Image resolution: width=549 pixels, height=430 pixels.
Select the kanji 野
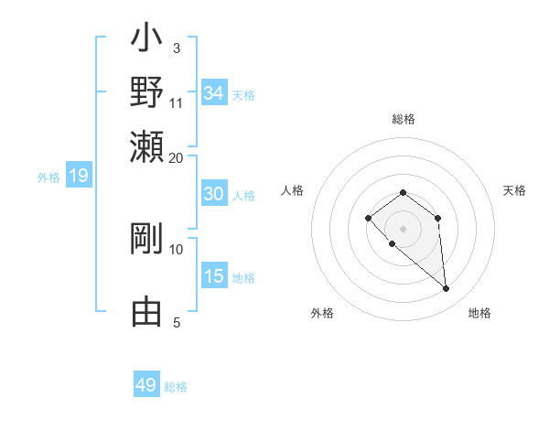click(x=146, y=93)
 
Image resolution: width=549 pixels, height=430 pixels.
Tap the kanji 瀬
click(x=146, y=146)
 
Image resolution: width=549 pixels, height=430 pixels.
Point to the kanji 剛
click(x=146, y=240)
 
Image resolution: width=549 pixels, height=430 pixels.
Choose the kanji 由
click(x=146, y=312)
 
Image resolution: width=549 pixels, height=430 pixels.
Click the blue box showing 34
click(x=214, y=93)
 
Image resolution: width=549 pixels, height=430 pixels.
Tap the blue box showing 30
click(x=213, y=194)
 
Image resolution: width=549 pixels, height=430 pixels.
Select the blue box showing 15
click(x=214, y=276)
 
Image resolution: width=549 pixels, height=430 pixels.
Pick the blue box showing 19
click(x=79, y=177)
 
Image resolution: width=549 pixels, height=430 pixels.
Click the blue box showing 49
click(x=146, y=385)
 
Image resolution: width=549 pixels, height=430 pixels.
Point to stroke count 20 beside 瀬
click(x=177, y=157)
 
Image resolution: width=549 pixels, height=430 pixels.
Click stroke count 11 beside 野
click(x=177, y=102)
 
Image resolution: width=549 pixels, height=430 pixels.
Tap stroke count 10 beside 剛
click(x=177, y=249)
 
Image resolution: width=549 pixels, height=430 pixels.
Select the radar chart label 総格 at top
click(x=403, y=119)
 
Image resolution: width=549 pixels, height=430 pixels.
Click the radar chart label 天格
click(x=514, y=190)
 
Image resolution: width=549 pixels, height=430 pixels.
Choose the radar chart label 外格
click(x=322, y=314)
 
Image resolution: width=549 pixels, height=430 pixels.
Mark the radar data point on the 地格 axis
click(x=447, y=289)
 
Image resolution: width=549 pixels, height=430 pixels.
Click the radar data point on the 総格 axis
click(x=403, y=192)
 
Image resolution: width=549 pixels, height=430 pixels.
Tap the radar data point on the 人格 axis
click(x=368, y=218)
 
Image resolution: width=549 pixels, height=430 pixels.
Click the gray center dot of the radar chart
click(x=403, y=229)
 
